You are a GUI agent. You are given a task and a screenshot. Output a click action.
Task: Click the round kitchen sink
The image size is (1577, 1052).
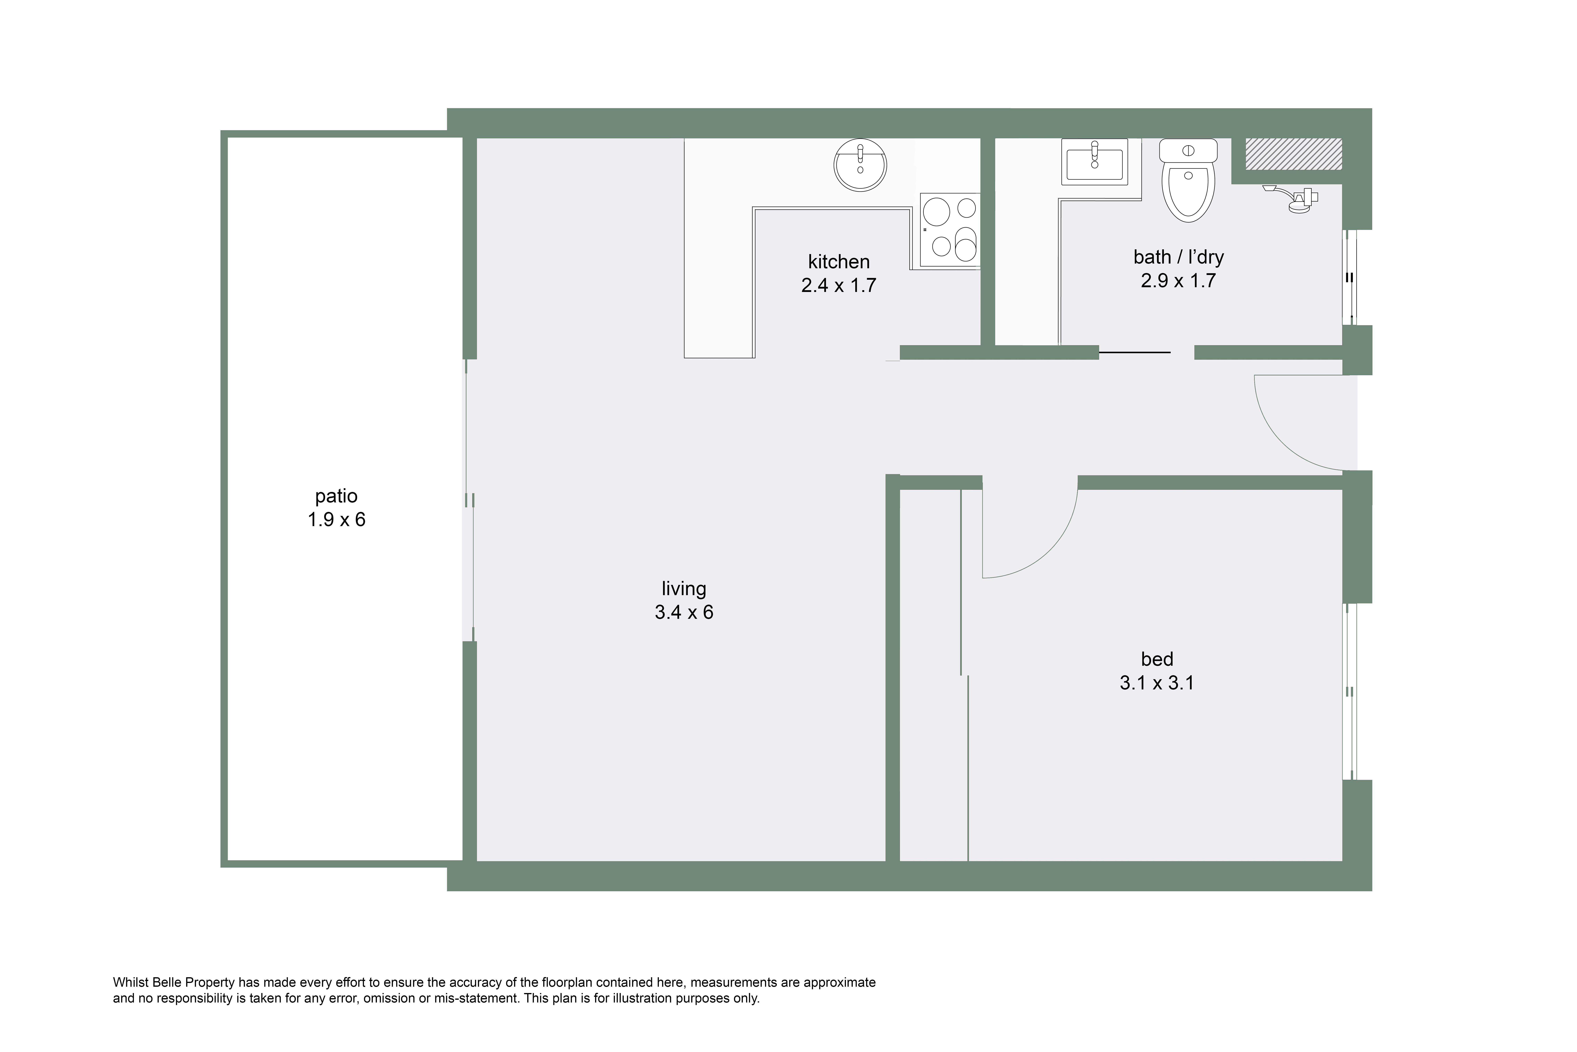click(x=860, y=165)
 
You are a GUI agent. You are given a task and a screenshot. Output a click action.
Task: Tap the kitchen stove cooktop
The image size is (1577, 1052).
click(x=950, y=229)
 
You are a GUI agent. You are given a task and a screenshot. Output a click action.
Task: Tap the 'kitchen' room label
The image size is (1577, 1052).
click(x=839, y=262)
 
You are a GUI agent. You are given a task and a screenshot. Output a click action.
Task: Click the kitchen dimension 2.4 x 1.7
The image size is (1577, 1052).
click(x=839, y=286)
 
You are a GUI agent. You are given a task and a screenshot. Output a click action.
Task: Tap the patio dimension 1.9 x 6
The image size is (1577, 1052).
click(x=336, y=520)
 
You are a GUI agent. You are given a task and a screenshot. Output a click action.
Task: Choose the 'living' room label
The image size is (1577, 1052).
click(x=684, y=589)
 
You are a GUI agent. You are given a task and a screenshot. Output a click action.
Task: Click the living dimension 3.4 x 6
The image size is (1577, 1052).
click(x=684, y=612)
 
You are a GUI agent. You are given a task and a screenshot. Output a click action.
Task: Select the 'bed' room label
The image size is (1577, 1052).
click(x=1157, y=659)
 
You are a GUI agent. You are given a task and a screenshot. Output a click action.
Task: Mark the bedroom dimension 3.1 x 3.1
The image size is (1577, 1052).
click(x=1157, y=683)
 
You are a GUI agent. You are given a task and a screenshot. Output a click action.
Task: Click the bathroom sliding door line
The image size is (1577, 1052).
click(x=1134, y=352)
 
